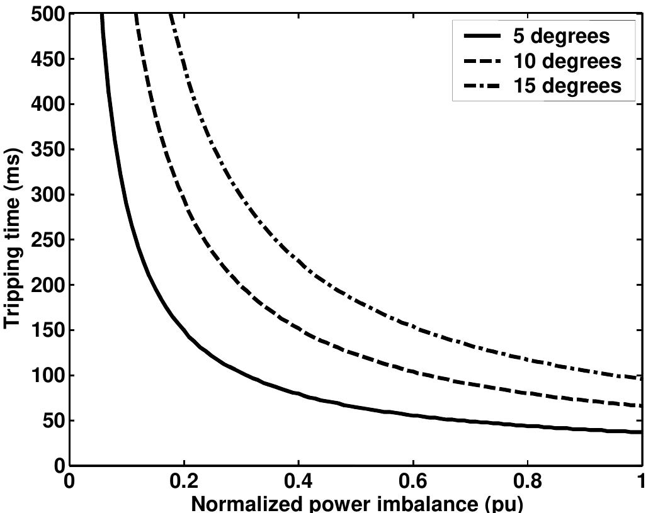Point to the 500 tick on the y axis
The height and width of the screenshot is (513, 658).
pos(48,14)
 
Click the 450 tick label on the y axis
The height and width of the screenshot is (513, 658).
pos(48,59)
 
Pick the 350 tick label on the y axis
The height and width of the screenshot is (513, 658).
pos(48,150)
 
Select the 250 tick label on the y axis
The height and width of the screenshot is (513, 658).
pos(48,240)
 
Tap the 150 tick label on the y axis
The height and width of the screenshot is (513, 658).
pos(48,330)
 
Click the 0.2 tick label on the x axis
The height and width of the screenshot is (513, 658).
pos(183,482)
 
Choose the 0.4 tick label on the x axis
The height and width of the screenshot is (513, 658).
pos(298,482)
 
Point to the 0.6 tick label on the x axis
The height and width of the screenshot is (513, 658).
pos(412,482)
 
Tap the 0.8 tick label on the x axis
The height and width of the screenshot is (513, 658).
pos(527,482)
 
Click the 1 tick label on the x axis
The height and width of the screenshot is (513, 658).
pos(642,482)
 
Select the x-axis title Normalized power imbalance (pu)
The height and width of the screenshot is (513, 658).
pos(356,504)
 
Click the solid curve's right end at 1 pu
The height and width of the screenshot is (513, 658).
pos(641,432)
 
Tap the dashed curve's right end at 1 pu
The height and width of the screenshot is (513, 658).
pos(641,406)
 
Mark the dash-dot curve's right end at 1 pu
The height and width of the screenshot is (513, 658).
pos(641,378)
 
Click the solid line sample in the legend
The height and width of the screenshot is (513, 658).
pos(482,36)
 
